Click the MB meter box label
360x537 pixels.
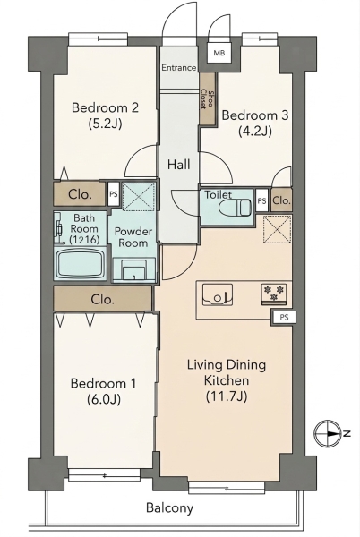(219, 54)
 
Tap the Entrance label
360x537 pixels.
(179, 67)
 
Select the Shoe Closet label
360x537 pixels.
(207, 98)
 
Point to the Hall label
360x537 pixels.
(179, 165)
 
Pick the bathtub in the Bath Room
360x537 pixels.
(81, 264)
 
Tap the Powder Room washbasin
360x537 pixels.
(133, 270)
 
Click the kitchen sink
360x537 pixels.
(218, 294)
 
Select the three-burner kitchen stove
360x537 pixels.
(273, 294)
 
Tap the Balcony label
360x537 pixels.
(169, 507)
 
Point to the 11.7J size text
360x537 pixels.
(227, 396)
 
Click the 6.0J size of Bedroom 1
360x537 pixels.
(104, 399)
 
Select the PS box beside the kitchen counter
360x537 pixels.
(284, 317)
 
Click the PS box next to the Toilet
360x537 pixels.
(262, 200)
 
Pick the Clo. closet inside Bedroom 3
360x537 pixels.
(281, 200)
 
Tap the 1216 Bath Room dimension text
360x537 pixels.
(84, 240)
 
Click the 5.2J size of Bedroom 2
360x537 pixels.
(105, 123)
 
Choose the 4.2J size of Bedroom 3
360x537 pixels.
(255, 131)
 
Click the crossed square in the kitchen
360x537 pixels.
(277, 229)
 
